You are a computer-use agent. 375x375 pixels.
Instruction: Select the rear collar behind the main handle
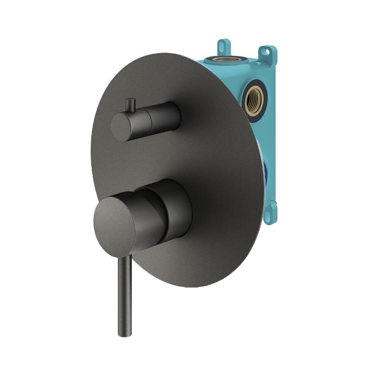(x=174, y=206)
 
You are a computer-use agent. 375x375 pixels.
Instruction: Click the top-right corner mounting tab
(x=269, y=52)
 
